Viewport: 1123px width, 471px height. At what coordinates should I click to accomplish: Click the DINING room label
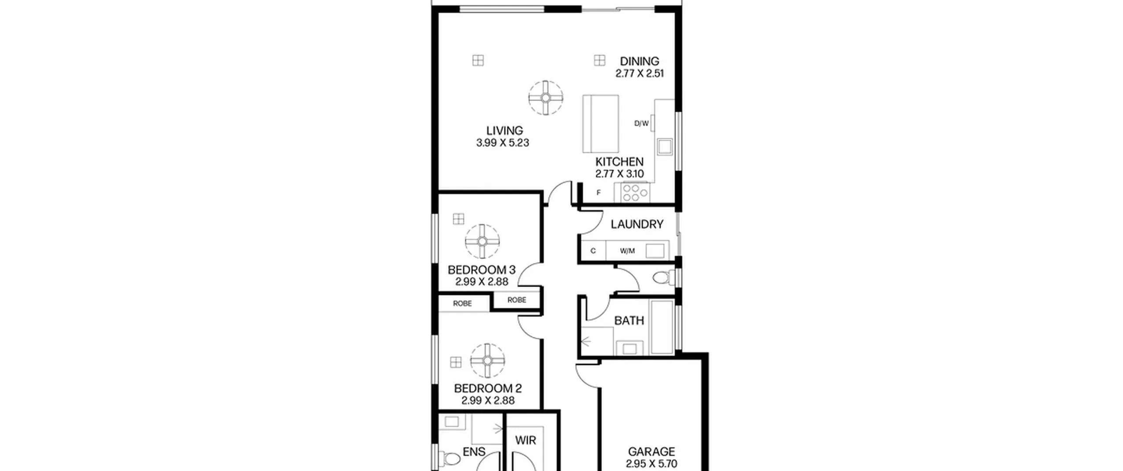click(639, 61)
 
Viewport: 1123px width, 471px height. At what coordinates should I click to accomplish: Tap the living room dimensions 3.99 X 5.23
click(503, 143)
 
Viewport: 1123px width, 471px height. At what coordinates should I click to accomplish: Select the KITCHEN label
click(619, 162)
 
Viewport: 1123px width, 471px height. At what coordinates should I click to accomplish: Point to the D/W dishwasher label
click(641, 124)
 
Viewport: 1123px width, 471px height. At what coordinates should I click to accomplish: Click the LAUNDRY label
click(637, 224)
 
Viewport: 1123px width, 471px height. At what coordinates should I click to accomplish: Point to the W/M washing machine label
click(627, 251)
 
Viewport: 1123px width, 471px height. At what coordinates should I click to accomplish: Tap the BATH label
click(629, 321)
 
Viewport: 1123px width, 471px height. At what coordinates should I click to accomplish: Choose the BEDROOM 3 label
click(482, 270)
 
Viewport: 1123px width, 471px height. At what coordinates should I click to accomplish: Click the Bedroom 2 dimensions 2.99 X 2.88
click(488, 400)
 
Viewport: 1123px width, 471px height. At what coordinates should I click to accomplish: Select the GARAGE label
click(651, 451)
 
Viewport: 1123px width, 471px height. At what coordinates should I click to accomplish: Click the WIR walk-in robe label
click(526, 440)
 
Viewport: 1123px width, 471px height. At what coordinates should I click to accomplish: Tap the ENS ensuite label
click(474, 452)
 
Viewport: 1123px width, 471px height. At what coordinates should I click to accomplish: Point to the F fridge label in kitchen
click(598, 193)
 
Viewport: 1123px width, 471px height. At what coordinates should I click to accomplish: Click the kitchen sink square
click(665, 146)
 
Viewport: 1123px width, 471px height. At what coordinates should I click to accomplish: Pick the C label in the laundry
click(593, 251)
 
